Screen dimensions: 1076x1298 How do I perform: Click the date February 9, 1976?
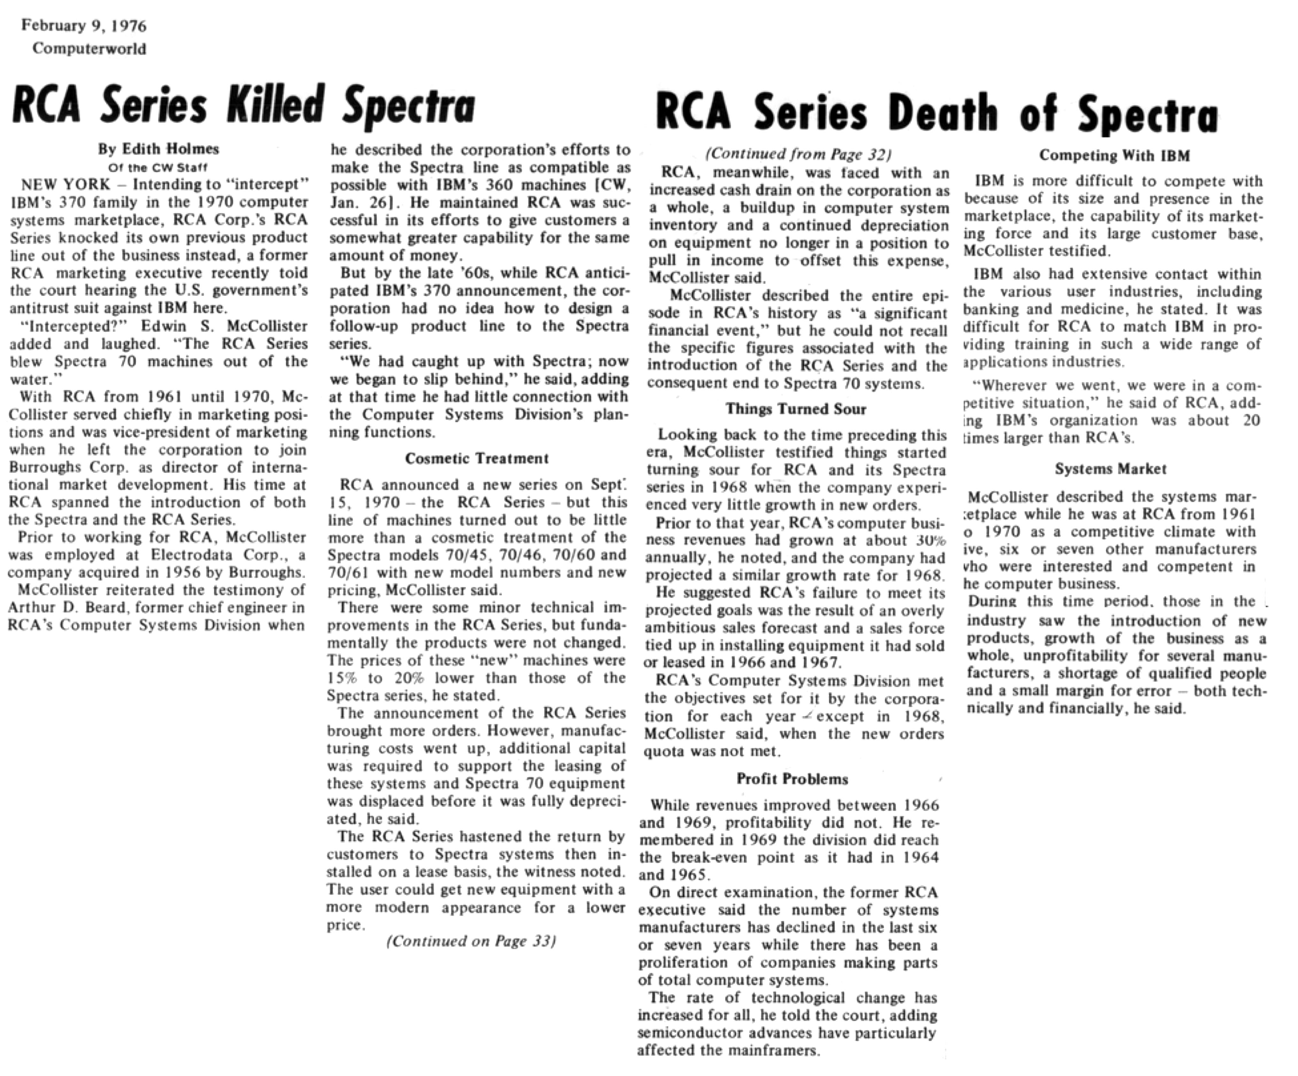tap(84, 26)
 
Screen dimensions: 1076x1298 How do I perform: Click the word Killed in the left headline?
tap(276, 106)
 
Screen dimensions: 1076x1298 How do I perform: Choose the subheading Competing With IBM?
tap(1114, 156)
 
